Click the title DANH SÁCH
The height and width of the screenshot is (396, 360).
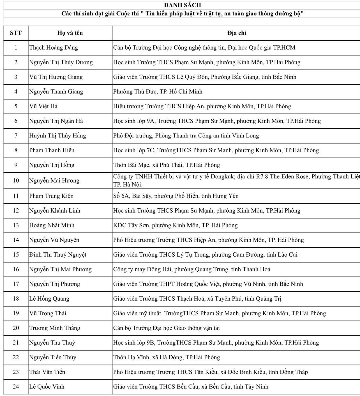(182, 5)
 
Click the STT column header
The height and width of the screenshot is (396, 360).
(16, 33)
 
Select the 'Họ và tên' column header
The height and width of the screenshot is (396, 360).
(70, 33)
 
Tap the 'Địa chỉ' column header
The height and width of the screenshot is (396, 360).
(237, 33)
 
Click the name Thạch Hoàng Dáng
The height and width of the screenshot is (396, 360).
(54, 48)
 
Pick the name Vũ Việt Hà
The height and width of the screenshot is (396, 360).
(43, 106)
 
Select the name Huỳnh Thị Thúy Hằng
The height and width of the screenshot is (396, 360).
(57, 136)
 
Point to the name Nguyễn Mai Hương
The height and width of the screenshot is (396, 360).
(54, 181)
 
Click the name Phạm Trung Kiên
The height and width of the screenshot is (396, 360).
(51, 196)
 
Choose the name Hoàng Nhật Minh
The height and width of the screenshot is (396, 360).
(52, 225)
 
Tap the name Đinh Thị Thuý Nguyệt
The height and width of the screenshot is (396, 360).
(58, 255)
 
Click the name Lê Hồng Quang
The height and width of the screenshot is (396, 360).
(49, 299)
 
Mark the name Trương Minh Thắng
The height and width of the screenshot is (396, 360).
(55, 328)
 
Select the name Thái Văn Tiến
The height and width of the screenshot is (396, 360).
(47, 372)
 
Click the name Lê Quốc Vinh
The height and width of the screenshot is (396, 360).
(47, 387)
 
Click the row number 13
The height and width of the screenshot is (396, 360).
(16, 225)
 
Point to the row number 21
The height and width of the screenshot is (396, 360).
(16, 343)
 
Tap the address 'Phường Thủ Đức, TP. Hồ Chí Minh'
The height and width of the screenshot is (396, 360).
(158, 92)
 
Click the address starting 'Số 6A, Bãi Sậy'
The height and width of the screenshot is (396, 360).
(176, 196)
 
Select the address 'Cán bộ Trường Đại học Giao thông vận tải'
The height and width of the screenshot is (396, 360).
(167, 328)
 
